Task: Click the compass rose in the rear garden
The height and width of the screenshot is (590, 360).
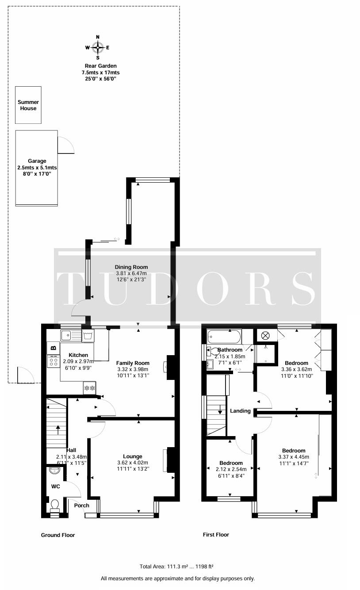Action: [98, 47]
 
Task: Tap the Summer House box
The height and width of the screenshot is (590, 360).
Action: [28, 105]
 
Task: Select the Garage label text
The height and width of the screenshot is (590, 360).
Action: [37, 161]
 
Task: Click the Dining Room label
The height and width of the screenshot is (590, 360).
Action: [131, 267]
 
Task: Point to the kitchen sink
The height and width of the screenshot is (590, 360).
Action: [69, 335]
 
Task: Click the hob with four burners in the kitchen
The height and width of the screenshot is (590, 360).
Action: [54, 362]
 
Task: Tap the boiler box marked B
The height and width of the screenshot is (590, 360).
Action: [54, 348]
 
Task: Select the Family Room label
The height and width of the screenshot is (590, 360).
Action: [133, 363]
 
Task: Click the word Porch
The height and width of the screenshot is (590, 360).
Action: [81, 505]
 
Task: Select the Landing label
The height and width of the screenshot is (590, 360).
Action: [240, 411]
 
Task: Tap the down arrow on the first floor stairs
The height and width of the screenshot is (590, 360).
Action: [220, 411]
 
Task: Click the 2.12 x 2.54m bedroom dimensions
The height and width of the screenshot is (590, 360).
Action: [229, 469]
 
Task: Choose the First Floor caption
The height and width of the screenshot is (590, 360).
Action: [216, 535]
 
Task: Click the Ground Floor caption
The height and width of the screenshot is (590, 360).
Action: [58, 535]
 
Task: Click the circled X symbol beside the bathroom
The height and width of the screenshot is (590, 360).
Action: [265, 336]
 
